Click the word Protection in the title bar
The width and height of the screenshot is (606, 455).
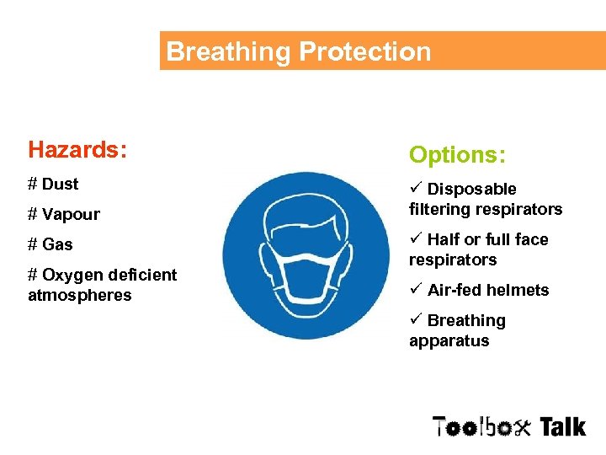[x=364, y=51]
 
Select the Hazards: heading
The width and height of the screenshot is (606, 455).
[x=77, y=150]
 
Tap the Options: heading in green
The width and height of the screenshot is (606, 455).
[x=457, y=155]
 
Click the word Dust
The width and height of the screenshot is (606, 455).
[x=60, y=184]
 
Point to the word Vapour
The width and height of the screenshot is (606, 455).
[x=71, y=214]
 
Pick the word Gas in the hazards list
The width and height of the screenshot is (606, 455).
[x=57, y=244]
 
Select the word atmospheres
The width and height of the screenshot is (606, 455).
[x=80, y=295]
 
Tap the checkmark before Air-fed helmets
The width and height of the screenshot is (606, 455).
[x=415, y=289]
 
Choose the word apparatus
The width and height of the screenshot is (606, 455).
[x=449, y=341]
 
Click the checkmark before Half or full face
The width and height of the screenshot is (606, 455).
[x=415, y=238]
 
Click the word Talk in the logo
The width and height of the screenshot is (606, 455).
[x=562, y=426]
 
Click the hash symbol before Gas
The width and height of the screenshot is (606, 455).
[x=33, y=244]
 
